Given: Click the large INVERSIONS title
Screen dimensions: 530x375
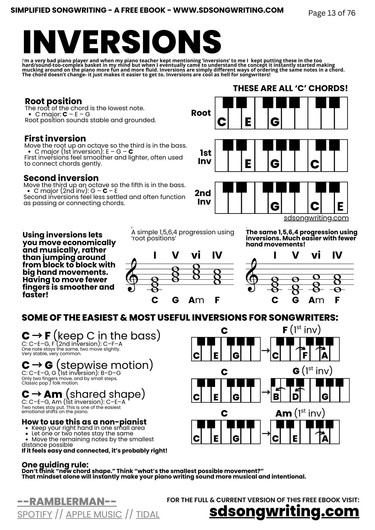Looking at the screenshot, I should (x=122, y=42).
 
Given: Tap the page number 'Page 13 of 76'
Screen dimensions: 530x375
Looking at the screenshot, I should (x=332, y=13).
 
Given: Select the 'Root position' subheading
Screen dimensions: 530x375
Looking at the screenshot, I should (x=53, y=101).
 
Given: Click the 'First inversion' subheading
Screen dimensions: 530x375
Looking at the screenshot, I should (x=55, y=138).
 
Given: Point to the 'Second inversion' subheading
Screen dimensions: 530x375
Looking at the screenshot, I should (x=61, y=178).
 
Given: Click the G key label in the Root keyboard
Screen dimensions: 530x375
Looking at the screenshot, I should (x=275, y=122).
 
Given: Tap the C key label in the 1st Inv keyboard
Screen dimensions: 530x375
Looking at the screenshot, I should (x=315, y=164).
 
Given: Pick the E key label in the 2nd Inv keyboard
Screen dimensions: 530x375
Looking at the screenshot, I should (x=340, y=206).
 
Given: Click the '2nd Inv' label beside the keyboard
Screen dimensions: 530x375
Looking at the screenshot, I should (x=203, y=197).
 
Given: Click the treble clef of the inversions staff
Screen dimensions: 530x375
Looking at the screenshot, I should (x=252, y=276).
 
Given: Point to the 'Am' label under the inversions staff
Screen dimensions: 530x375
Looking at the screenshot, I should (x=316, y=300).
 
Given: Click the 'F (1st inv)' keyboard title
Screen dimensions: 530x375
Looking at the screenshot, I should (x=302, y=330).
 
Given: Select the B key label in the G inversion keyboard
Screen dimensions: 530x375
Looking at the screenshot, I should (x=276, y=397).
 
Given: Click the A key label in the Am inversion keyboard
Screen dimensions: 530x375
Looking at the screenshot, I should (x=325, y=439).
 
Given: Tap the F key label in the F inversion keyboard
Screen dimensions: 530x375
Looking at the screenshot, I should (x=305, y=355).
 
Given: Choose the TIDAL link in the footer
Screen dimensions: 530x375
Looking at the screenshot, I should (x=148, y=514).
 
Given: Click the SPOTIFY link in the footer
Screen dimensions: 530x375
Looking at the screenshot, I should (x=35, y=514).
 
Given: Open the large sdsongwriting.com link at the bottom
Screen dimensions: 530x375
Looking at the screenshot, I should (x=284, y=511).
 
